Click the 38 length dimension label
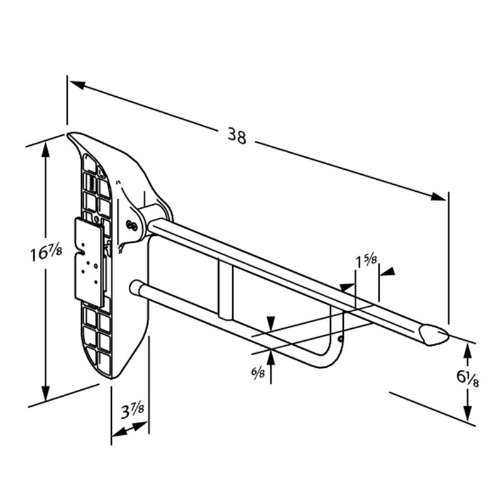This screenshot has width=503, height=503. pos(237,135)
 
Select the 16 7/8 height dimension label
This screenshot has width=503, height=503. pos(46,253)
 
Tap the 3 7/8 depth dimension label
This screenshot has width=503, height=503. pos(132,411)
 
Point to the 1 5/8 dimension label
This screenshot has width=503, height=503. pos(367,262)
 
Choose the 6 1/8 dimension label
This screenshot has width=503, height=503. pos(467,378)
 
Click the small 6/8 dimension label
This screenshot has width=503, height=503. pos(258,372)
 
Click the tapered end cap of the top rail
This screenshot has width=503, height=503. pos(434,335)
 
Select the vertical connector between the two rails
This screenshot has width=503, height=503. pos(226,289)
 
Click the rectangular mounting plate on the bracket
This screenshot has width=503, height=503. pos(90,262)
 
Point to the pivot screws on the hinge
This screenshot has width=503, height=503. pos(131,226)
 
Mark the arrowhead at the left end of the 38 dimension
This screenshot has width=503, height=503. pos(77,85)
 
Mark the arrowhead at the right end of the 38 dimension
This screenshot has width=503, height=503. pos(438,197)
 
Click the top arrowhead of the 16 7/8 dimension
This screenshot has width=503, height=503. pos(46,150)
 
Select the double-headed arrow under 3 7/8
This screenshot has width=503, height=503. pos(130,429)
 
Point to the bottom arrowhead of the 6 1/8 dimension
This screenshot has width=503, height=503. pos(468,413)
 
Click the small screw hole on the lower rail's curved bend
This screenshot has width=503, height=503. pos(340,338)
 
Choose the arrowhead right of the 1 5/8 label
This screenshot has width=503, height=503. pos(387,272)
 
